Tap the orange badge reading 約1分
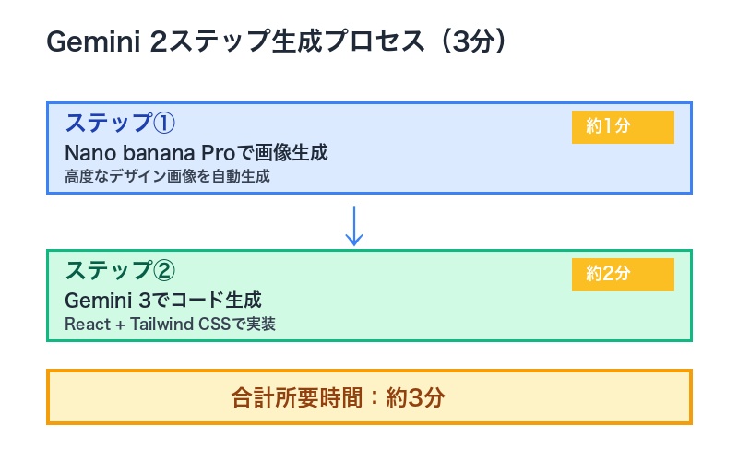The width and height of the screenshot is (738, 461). (623, 126)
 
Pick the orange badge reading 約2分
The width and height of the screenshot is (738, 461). (623, 274)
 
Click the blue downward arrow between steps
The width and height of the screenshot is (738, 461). (354, 226)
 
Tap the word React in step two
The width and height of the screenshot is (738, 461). (87, 324)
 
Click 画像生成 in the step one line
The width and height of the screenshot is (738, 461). (297, 152)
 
